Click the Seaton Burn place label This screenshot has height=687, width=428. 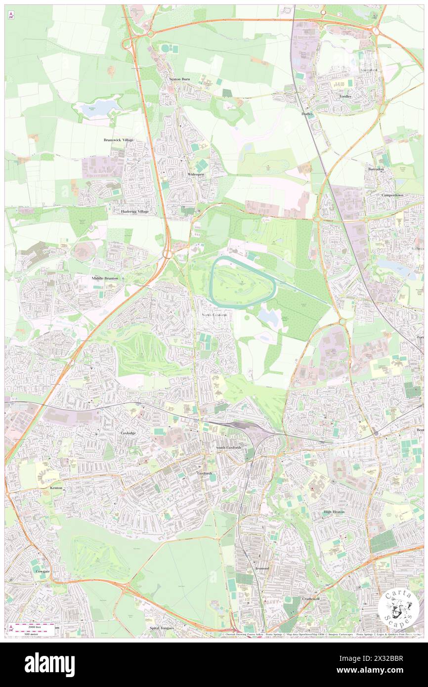click(179, 79)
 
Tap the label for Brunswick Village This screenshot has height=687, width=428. click(119, 140)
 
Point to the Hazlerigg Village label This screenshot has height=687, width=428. click(135, 211)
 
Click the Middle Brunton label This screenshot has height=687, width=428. click(105, 278)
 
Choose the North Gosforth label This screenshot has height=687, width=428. click(215, 315)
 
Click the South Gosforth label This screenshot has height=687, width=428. click(228, 447)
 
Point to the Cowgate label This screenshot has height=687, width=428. click(43, 571)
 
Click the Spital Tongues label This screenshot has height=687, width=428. click(162, 628)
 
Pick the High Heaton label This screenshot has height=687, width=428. click(334, 512)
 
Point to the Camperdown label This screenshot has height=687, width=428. click(392, 195)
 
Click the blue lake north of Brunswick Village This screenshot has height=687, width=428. click(97, 107)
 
